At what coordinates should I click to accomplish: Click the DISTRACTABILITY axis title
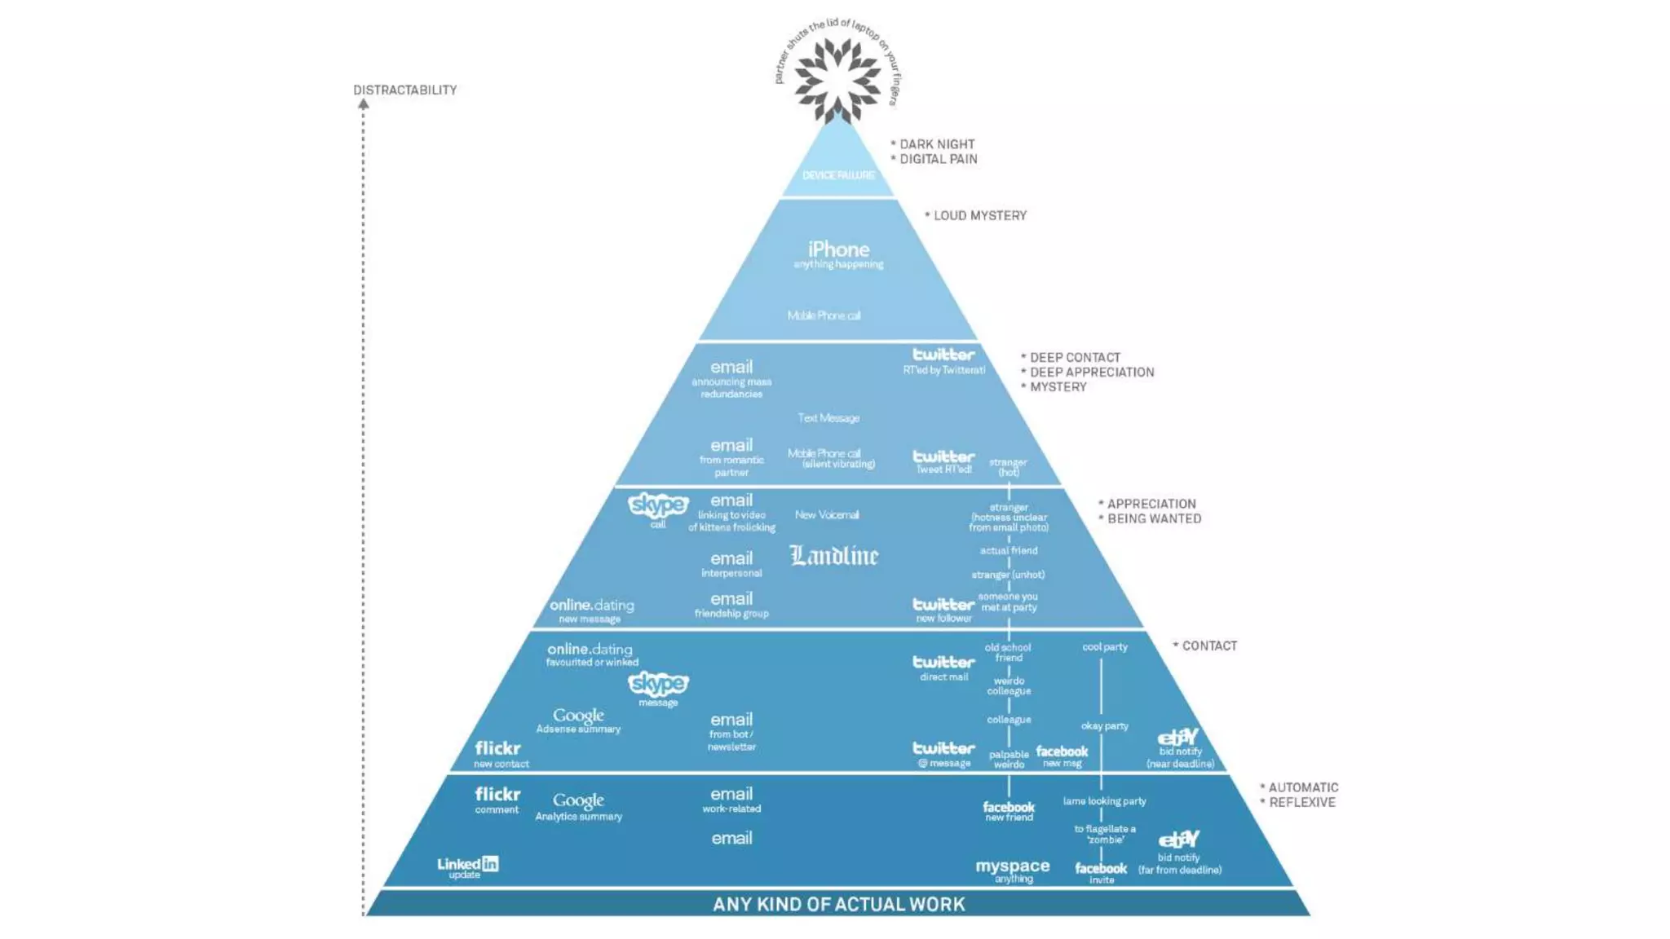[404, 90]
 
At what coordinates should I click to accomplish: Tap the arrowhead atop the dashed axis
[364, 104]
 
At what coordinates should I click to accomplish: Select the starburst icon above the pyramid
[837, 79]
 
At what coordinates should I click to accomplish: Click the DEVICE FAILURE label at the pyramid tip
[838, 175]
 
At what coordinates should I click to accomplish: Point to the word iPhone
[838, 249]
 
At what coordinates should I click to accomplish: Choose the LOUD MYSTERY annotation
[979, 215]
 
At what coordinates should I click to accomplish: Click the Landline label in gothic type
[834, 556]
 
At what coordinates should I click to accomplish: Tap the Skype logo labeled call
[658, 505]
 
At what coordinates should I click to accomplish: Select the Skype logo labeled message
[658, 683]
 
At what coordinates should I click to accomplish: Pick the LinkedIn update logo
[467, 864]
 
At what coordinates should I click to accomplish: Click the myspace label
[1013, 866]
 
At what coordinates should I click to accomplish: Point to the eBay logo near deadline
[1178, 738]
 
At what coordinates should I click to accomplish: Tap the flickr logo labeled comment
[497, 794]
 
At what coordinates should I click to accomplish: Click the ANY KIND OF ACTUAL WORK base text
[838, 904]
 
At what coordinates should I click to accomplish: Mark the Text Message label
[828, 418]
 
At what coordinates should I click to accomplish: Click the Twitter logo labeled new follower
[943, 604]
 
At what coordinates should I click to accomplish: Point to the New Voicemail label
[827, 515]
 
